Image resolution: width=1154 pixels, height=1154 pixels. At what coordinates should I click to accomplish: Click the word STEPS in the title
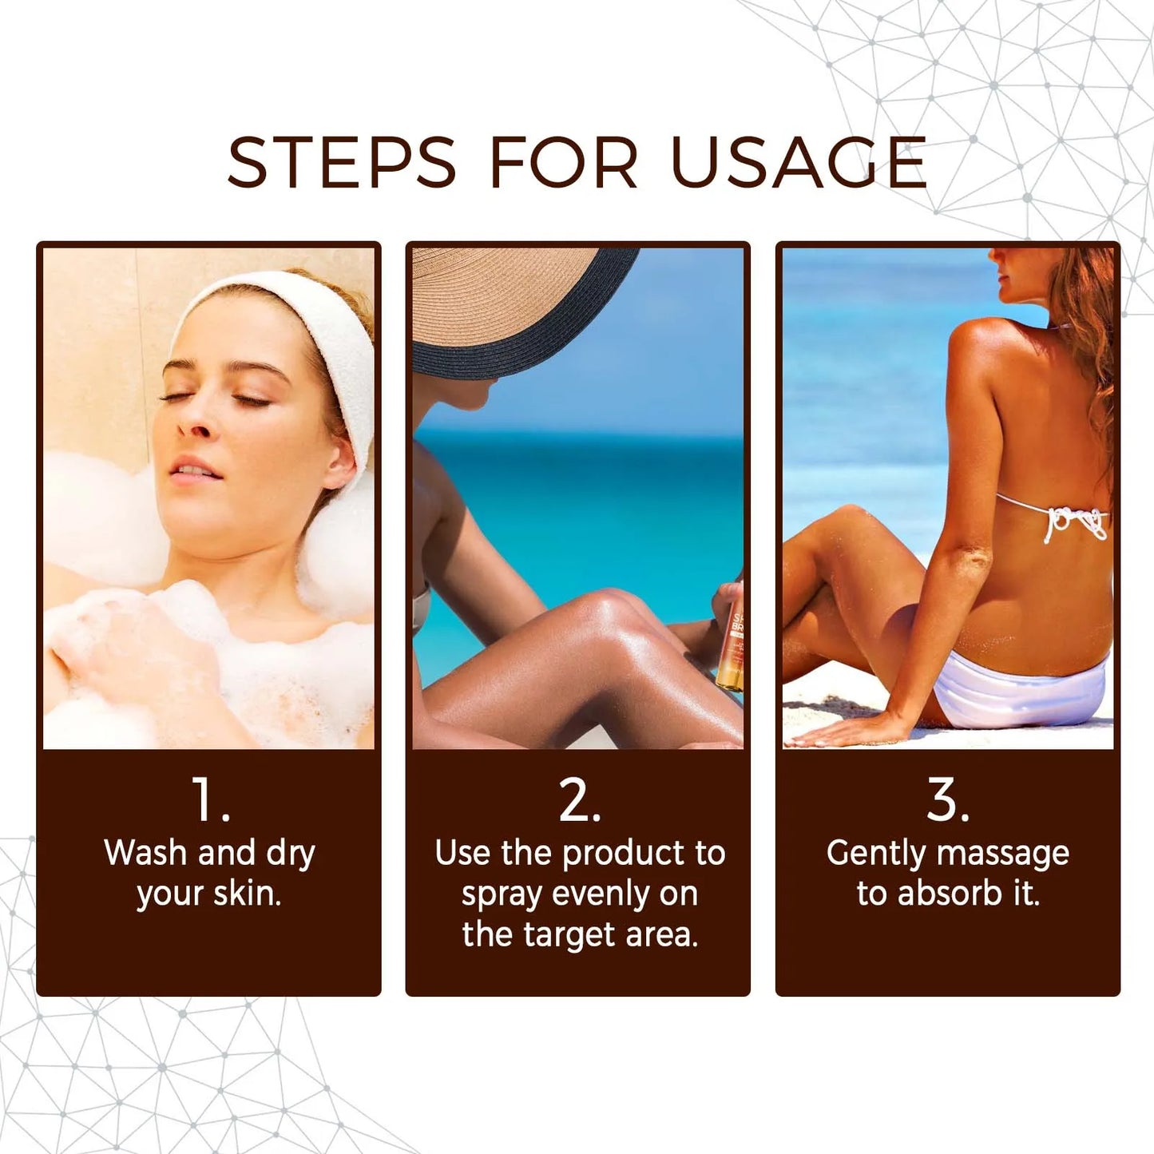pyautogui.click(x=341, y=164)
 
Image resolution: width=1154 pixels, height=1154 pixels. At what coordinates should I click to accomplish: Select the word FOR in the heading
pyautogui.click(x=563, y=164)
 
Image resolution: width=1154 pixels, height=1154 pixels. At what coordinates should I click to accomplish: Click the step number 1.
pyautogui.click(x=209, y=799)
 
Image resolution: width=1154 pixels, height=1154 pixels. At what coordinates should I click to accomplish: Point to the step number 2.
pyautogui.click(x=578, y=799)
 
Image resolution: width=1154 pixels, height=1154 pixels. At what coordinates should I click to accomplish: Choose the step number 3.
pyautogui.click(x=947, y=799)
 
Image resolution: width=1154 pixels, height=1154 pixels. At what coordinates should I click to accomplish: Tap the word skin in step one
pyautogui.click(x=246, y=894)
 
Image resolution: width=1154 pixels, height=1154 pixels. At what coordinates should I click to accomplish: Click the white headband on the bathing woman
pyautogui.click(x=319, y=319)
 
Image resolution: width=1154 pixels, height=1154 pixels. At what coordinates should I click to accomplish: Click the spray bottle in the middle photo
pyautogui.click(x=732, y=647)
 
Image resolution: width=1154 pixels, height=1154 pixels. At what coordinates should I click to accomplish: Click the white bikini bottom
pyautogui.click(x=1022, y=691)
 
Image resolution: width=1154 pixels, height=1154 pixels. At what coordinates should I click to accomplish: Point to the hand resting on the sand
pyautogui.click(x=847, y=731)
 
